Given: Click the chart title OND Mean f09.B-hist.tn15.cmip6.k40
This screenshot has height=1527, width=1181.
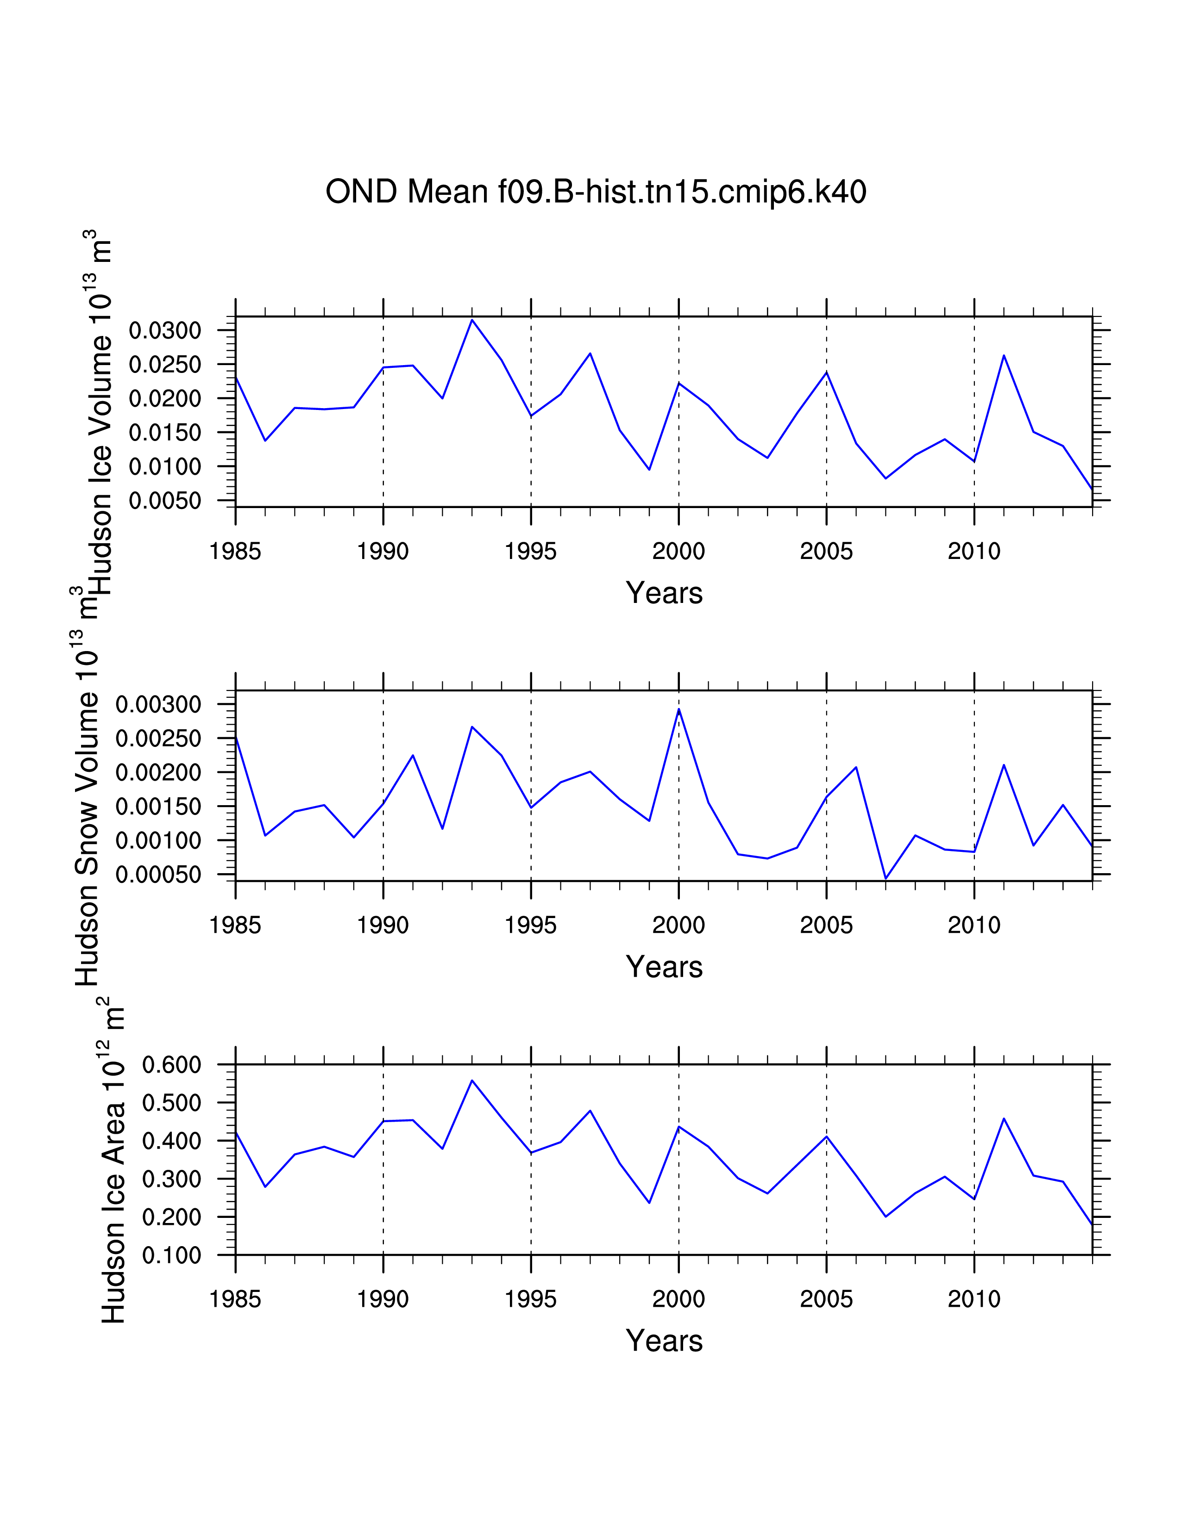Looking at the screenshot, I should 596,192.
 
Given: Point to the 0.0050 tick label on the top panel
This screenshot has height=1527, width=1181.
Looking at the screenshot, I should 165,501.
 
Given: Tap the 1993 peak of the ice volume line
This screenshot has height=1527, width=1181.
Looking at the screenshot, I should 472,320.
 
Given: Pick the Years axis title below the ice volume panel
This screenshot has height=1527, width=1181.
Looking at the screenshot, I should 664,593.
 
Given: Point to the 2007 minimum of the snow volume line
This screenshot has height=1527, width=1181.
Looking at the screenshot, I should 886,878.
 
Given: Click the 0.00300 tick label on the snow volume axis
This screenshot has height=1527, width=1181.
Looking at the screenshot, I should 158,704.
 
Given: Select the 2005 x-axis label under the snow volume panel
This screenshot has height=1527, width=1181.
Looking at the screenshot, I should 826,926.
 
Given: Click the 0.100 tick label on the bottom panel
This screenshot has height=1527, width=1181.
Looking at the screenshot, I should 171,1256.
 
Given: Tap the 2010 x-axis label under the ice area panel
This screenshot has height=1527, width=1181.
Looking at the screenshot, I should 974,1300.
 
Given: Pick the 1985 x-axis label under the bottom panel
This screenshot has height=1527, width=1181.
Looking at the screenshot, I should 235,1300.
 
